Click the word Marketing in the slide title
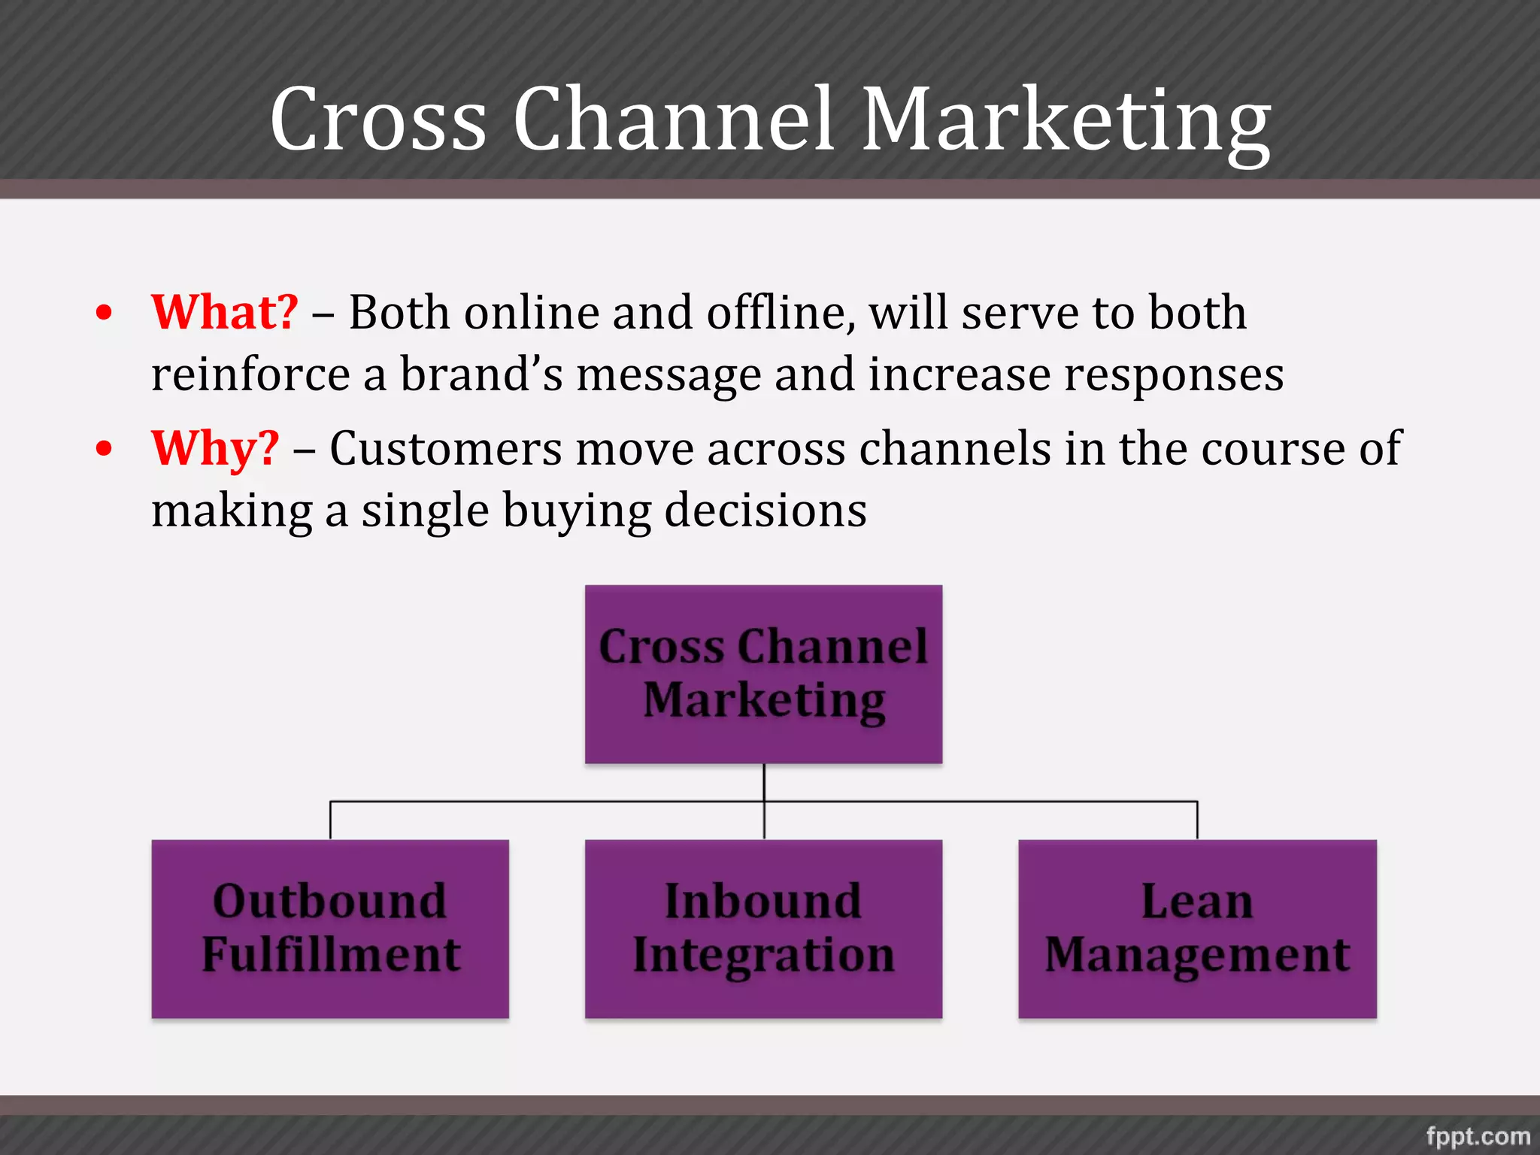point(1066,120)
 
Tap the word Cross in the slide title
point(378,120)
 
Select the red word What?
point(225,312)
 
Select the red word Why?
point(215,449)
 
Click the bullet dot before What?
point(105,313)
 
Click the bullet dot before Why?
point(105,449)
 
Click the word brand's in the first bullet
point(480,374)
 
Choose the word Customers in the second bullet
point(445,449)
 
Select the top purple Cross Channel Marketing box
point(763,674)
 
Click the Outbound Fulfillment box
point(330,929)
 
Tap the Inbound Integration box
point(763,929)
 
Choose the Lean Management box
point(1197,929)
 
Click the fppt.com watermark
point(1478,1135)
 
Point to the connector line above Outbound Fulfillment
point(331,820)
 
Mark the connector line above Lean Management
point(1197,820)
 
